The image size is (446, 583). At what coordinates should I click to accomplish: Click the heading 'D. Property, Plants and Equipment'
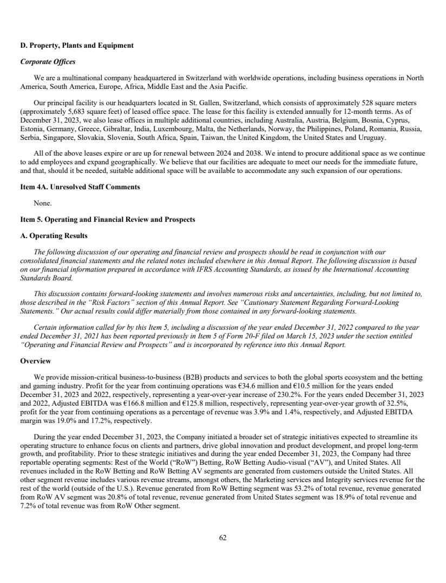76,46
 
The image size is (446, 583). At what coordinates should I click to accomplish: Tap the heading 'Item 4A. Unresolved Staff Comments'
80,187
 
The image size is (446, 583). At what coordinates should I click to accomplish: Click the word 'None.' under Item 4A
43,203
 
